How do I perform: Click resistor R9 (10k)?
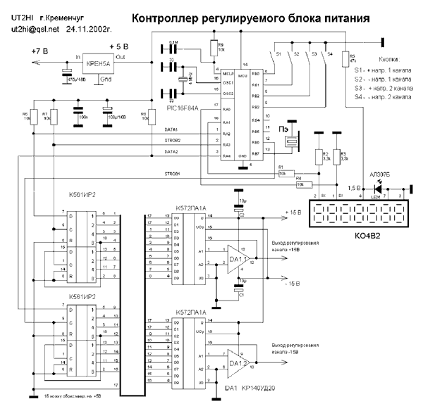pos(212,49)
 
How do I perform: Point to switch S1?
pos(274,53)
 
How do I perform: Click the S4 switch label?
pos(330,53)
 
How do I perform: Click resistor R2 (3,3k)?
pos(318,156)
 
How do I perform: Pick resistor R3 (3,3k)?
pos(336,156)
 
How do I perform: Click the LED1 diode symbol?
pos(381,189)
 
